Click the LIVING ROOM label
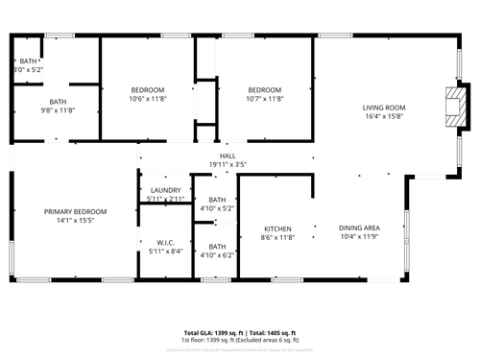click(383, 108)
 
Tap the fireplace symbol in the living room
click(457, 108)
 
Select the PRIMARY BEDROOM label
click(75, 211)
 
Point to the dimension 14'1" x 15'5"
click(75, 220)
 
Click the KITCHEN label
click(277, 228)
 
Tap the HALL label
click(228, 156)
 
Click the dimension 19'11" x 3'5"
click(228, 164)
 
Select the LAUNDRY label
click(165, 190)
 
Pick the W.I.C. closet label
click(164, 243)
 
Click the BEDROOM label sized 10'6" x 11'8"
click(148, 89)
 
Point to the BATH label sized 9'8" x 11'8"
click(58, 102)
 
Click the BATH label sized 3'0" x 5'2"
click(28, 61)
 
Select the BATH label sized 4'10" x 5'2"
click(217, 200)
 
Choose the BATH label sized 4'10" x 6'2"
click(217, 247)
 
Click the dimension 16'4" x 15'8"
click(383, 116)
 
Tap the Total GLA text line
click(240, 332)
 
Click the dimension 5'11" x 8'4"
click(164, 252)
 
